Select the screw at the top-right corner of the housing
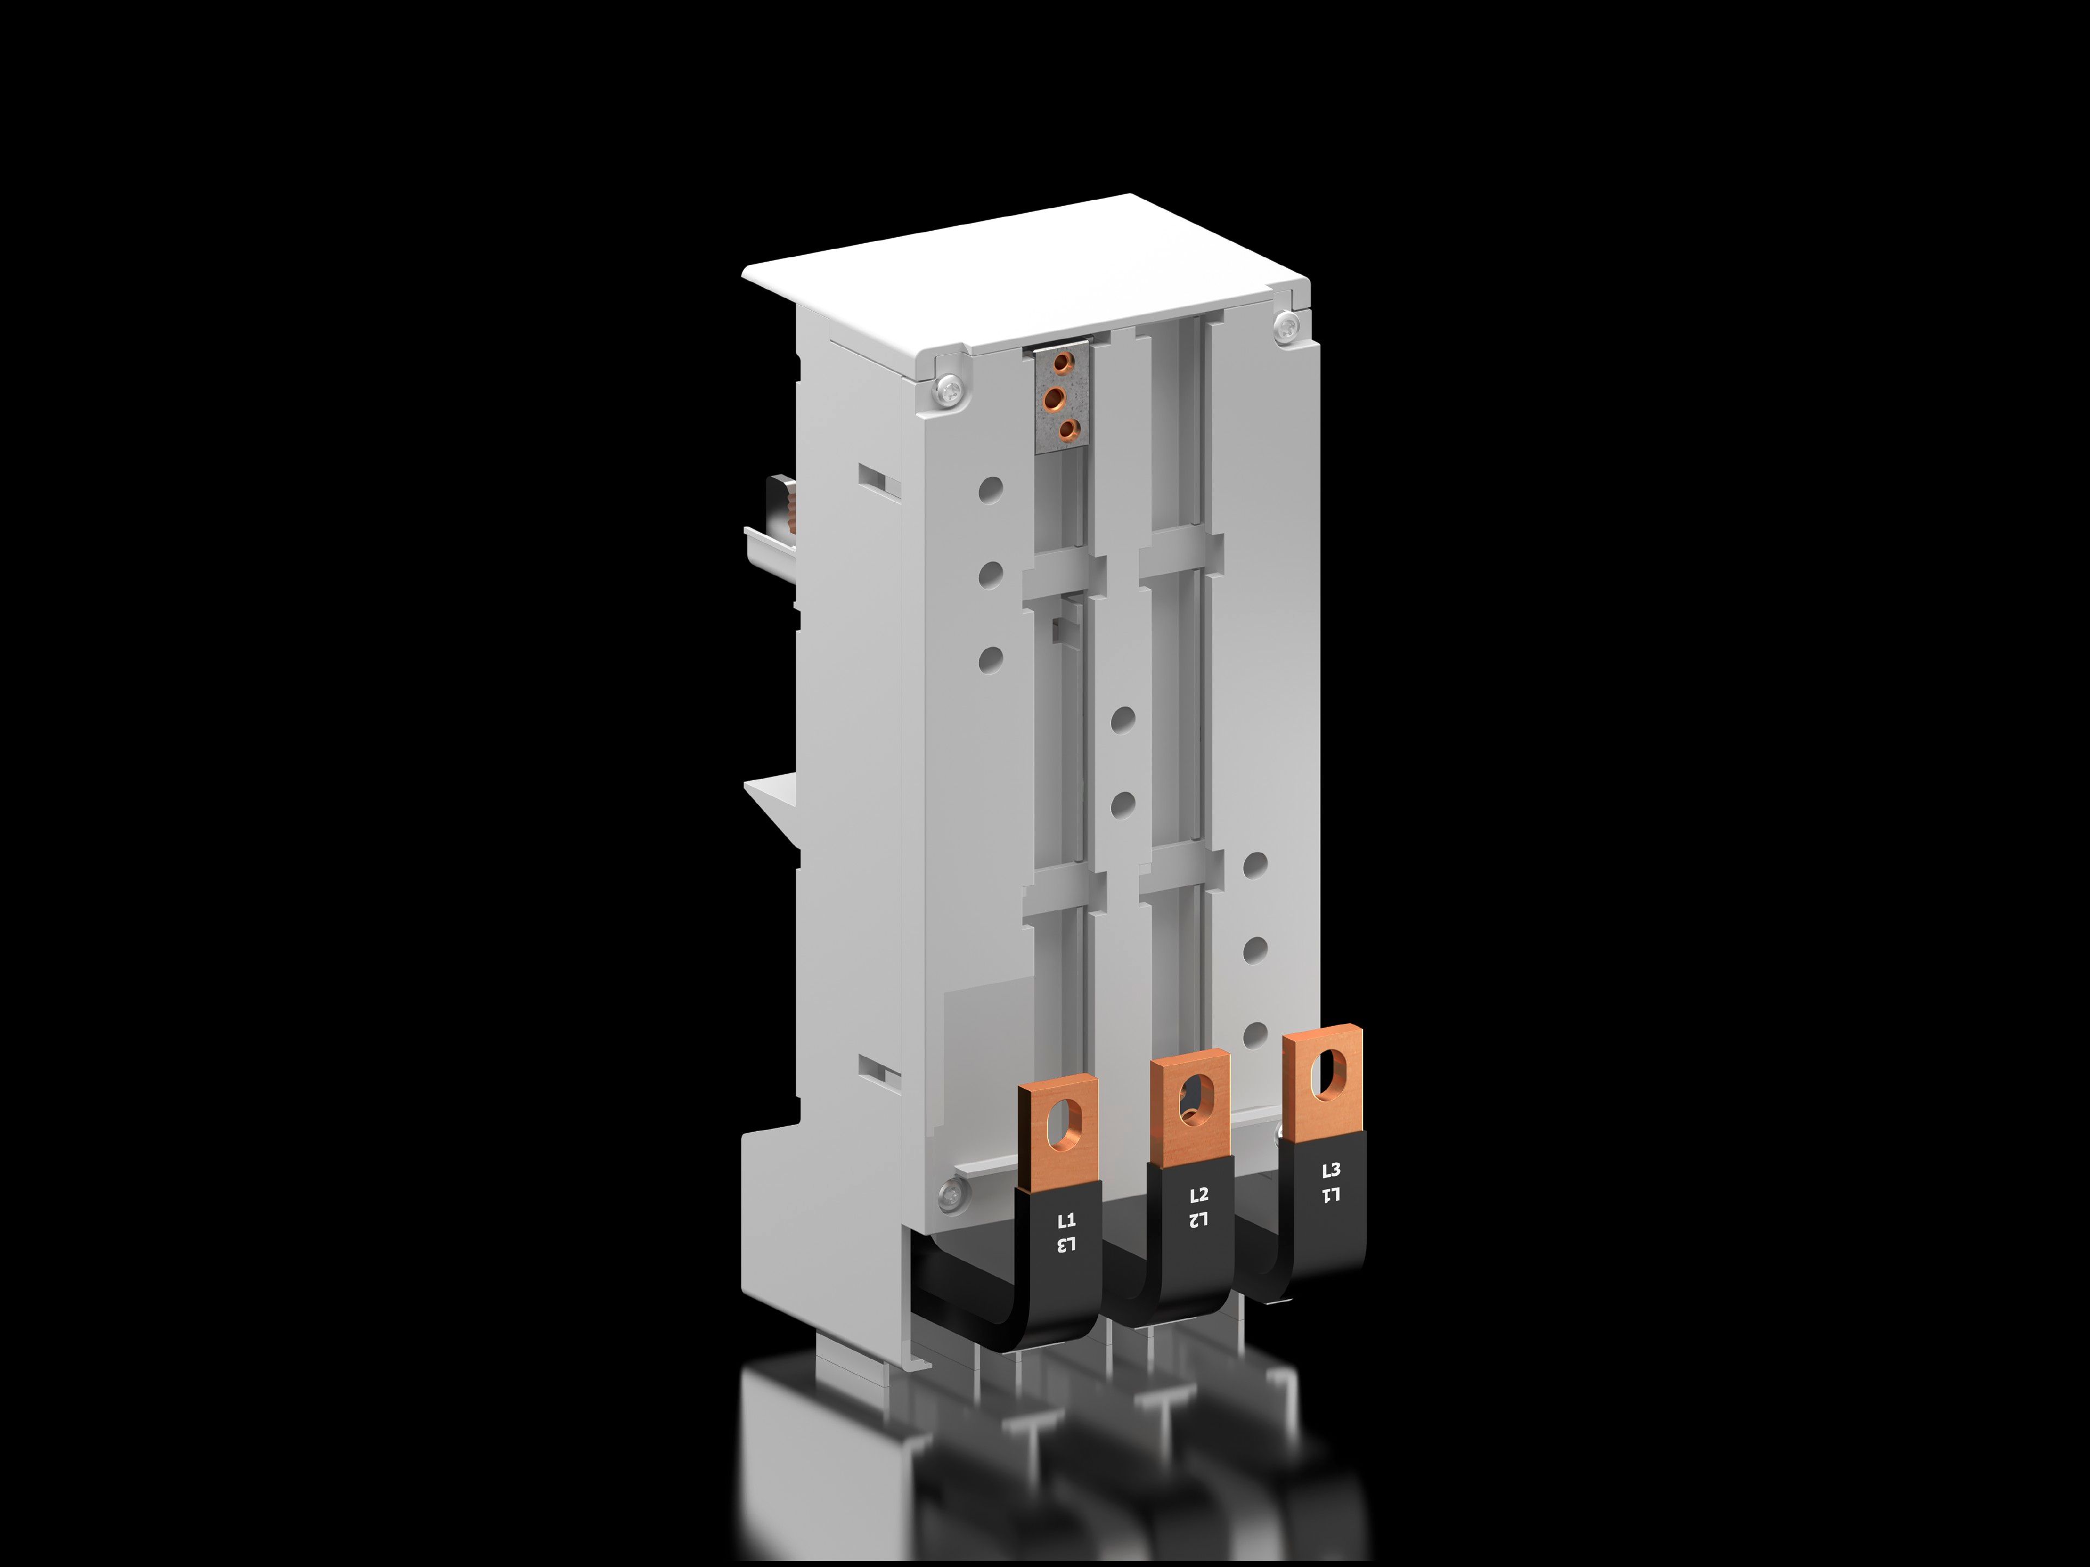coord(1287,328)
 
